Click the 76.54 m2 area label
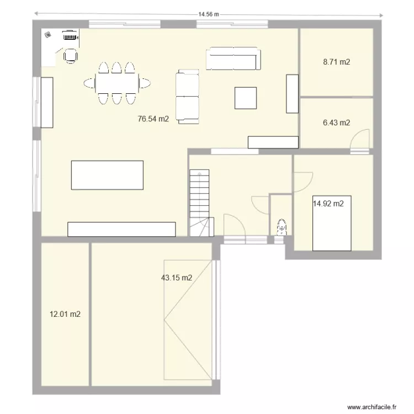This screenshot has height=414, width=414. click(x=153, y=118)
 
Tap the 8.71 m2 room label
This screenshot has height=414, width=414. click(x=336, y=63)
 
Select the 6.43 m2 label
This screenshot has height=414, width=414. click(x=336, y=123)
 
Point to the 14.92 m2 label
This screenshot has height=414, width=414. click(x=328, y=204)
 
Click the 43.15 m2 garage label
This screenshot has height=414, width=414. click(x=176, y=278)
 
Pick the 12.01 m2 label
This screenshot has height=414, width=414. click(x=65, y=315)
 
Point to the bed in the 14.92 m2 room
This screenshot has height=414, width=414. click(x=332, y=222)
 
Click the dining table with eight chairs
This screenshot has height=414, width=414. click(x=116, y=83)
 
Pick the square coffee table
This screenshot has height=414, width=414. click(x=245, y=98)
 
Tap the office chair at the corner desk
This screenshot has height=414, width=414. click(x=71, y=55)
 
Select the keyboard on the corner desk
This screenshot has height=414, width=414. click(x=70, y=37)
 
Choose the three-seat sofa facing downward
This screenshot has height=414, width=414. click(x=233, y=59)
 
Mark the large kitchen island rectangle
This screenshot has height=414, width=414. click(x=107, y=175)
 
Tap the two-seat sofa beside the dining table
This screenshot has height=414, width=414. click(x=187, y=96)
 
